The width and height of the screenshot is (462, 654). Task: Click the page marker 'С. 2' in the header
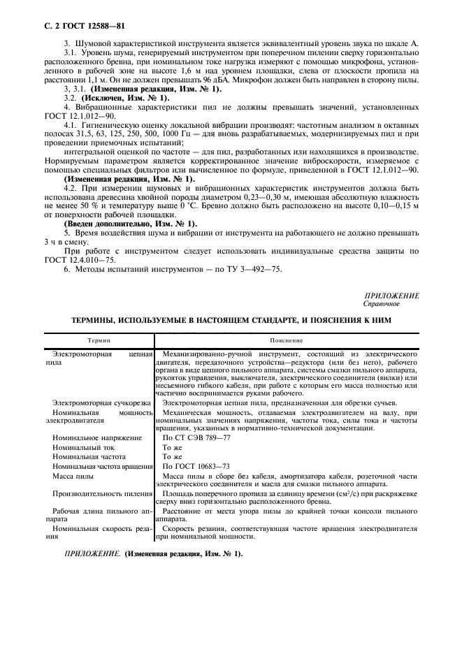[x=53, y=26]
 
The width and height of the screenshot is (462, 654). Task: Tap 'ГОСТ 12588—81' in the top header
[x=99, y=26]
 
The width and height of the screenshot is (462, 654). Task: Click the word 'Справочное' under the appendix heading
[x=380, y=304]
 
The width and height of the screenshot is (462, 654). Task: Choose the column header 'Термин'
[x=98, y=340]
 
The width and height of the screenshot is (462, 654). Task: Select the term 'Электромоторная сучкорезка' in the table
[x=103, y=402]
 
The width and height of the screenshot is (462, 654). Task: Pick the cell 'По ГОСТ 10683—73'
[x=196, y=466]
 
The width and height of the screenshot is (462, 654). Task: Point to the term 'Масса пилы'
[x=73, y=476]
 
